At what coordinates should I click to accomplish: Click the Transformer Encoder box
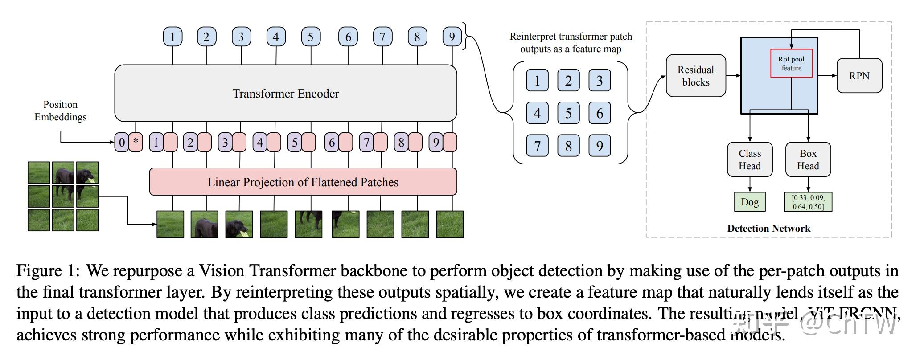coord(285,93)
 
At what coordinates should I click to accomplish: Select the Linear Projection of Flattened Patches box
coord(303,182)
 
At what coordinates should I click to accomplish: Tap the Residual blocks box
coord(695,76)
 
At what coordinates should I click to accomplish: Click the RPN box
coord(859,76)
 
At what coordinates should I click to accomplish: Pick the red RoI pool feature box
coord(791,63)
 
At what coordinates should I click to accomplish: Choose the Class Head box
coord(749,160)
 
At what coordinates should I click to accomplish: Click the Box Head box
coord(808,160)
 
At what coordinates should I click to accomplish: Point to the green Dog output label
coord(749,202)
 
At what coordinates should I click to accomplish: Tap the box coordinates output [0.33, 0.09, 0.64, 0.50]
coord(808,202)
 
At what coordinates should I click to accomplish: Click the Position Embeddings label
coord(60,110)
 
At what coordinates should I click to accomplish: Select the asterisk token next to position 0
coord(136,143)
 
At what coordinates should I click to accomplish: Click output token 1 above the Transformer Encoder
coord(172,37)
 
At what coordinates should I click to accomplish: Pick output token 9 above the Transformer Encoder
coord(452,37)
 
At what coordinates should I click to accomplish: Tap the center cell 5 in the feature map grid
coord(568,113)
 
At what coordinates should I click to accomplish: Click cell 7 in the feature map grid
coord(537,146)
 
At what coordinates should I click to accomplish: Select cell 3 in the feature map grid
coord(600,81)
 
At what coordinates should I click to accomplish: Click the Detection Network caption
coord(768,229)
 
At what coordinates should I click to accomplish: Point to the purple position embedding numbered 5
coord(294,143)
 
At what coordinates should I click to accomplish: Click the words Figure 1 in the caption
coord(47,271)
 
